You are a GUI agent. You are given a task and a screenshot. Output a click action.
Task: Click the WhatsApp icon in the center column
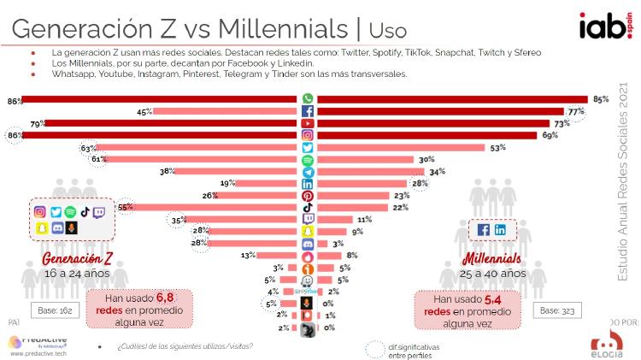point(308,99)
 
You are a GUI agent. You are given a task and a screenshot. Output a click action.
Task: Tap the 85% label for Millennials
point(601,99)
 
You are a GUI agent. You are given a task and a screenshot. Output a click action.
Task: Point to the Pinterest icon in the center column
point(308,196)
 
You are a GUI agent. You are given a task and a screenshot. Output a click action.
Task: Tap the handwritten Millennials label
point(495,259)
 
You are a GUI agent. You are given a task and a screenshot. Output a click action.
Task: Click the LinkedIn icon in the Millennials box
point(500,230)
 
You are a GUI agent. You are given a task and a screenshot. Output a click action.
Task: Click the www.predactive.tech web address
point(39,351)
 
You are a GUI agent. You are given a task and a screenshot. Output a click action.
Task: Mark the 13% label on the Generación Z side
point(248,256)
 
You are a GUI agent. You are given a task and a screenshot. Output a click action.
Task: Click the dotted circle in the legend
point(376,349)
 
